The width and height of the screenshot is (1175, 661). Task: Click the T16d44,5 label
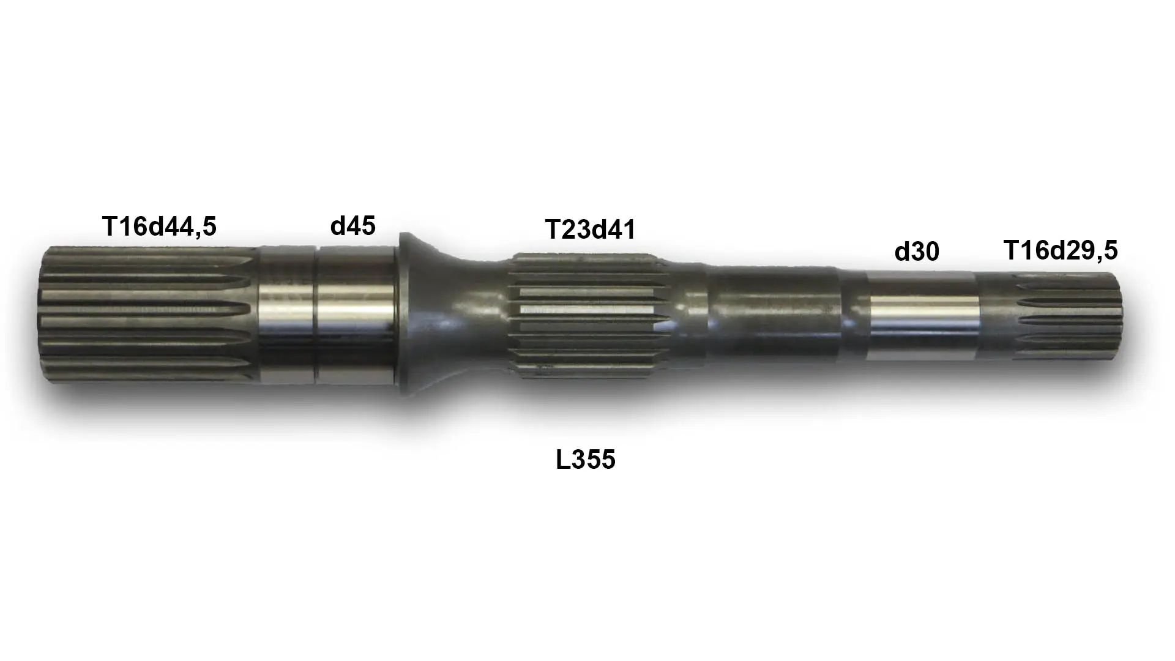(159, 226)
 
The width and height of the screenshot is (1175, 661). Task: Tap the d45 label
(352, 226)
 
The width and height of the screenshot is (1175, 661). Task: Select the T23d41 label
(590, 230)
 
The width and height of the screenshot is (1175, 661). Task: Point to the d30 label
(916, 252)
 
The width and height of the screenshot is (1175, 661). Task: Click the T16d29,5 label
(1061, 250)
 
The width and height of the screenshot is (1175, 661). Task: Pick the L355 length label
(585, 460)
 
